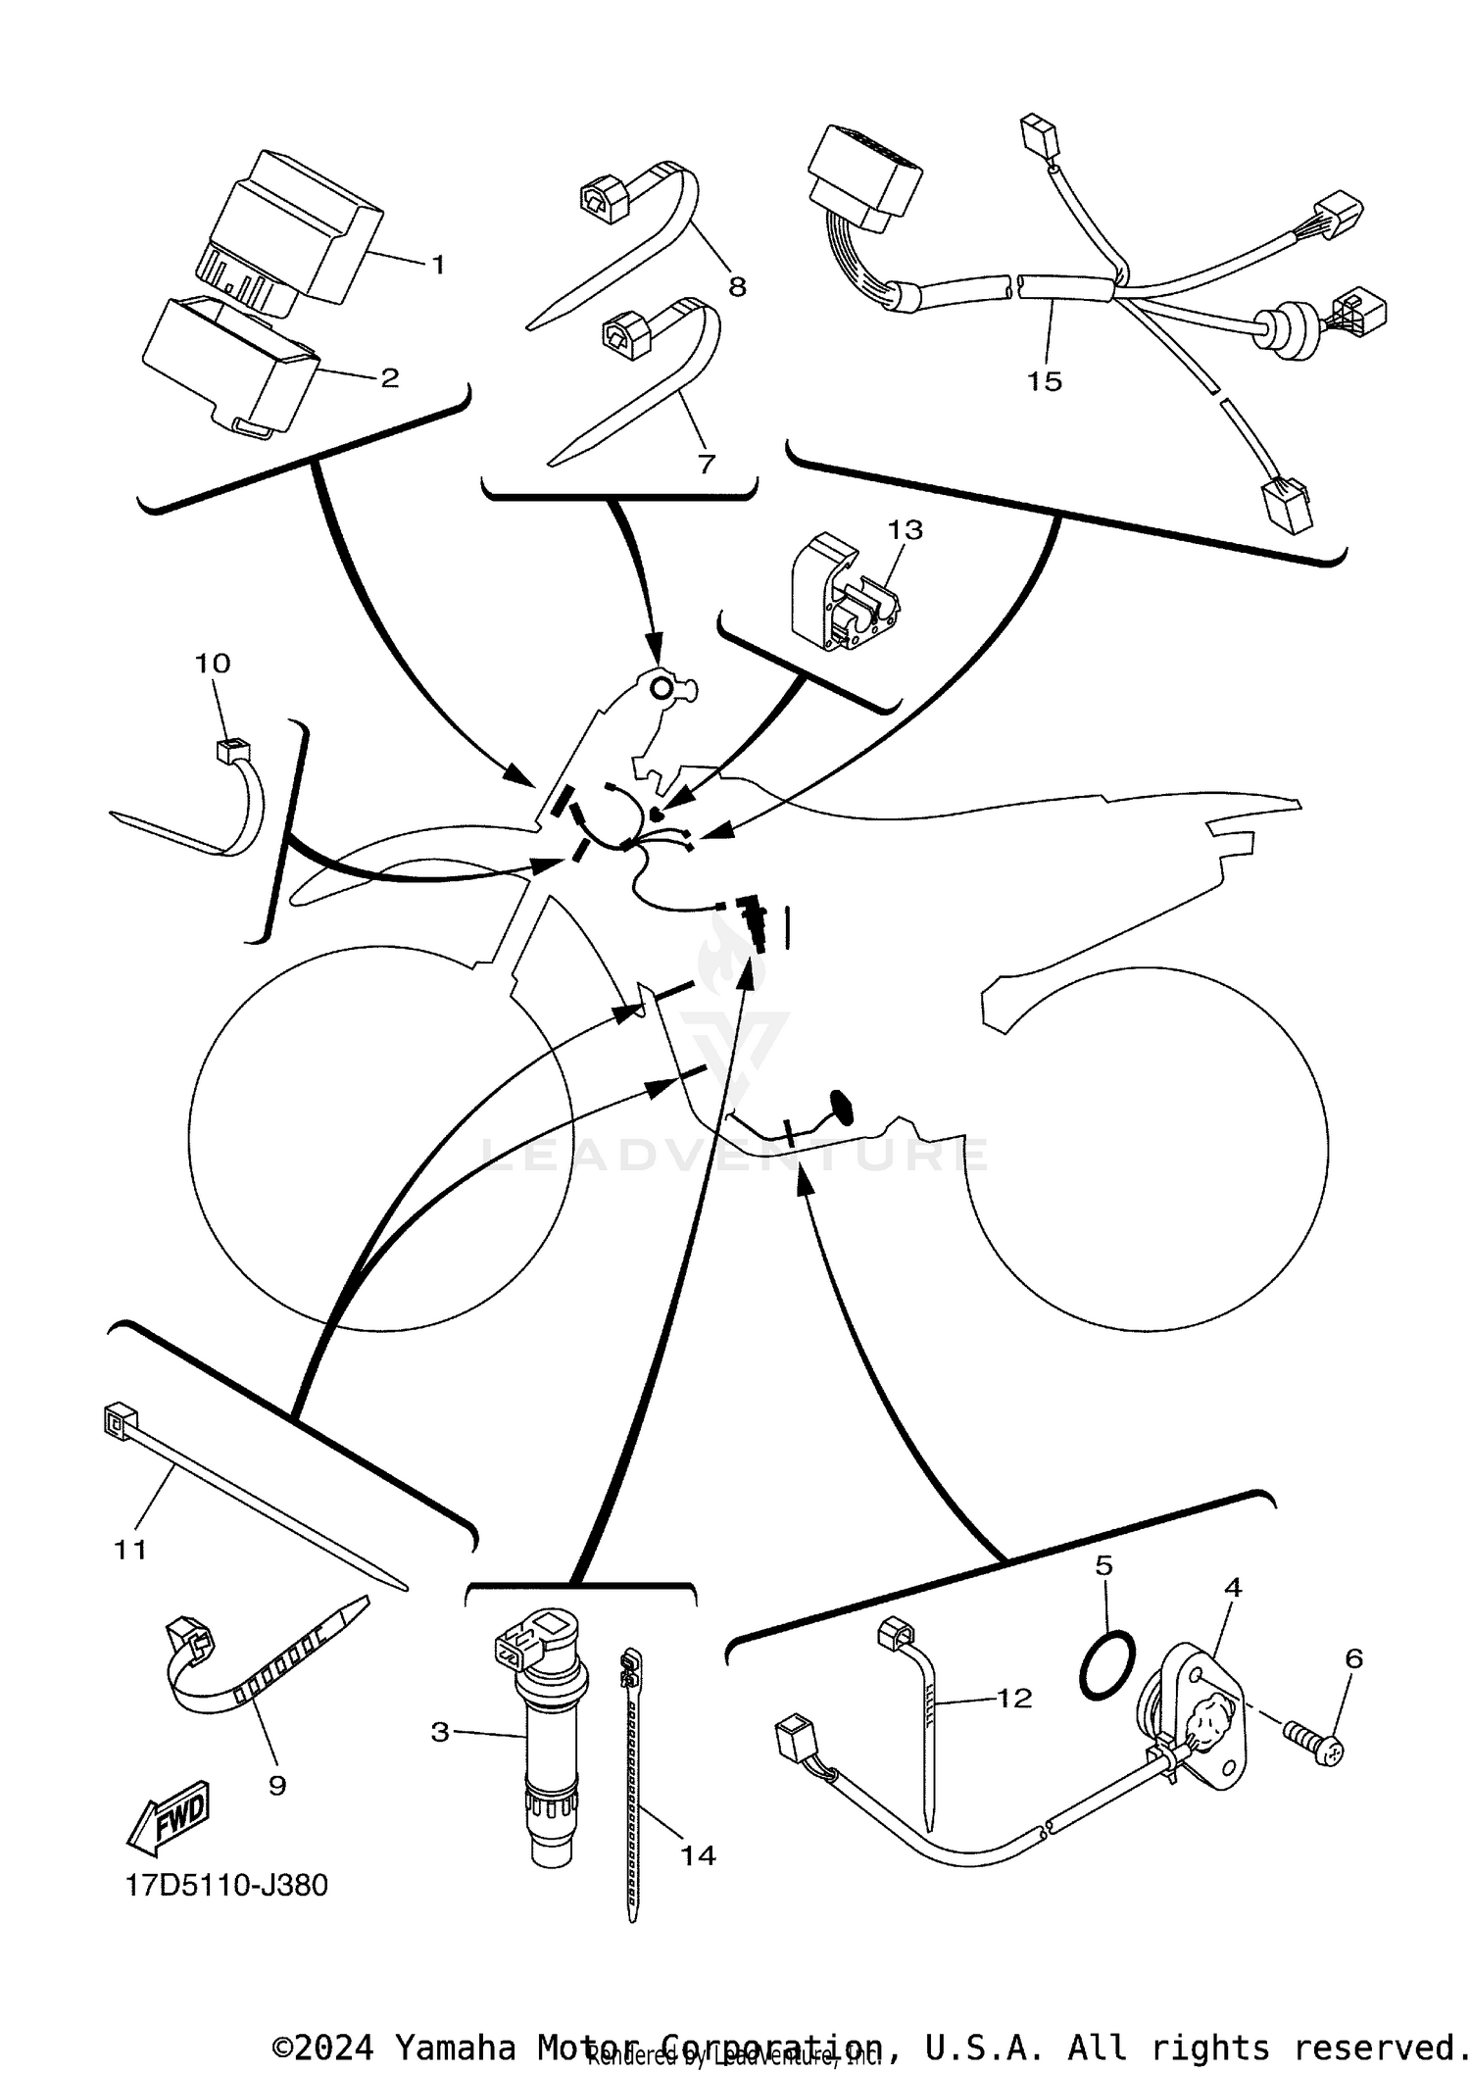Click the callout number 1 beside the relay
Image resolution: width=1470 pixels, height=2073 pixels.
pos(438,265)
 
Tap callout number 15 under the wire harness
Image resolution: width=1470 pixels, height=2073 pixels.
pos(1044,381)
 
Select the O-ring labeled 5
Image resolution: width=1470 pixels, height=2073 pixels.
pos(1107,1666)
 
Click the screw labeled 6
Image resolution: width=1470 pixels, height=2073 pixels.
pos(1312,1746)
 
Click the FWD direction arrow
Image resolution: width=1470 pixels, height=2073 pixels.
pos(171,1816)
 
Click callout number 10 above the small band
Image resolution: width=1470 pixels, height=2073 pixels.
pos(212,664)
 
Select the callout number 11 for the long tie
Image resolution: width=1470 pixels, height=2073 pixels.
pos(130,1550)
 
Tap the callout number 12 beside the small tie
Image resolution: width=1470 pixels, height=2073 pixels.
pos(1014,1698)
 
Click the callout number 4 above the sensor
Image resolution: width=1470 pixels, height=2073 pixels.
pos(1233,1587)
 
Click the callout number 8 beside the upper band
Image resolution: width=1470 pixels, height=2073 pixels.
pos(737,286)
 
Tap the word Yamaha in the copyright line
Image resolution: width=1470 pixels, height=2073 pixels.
pos(454,2047)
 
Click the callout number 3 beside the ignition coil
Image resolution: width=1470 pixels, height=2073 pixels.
pos(440,1732)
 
